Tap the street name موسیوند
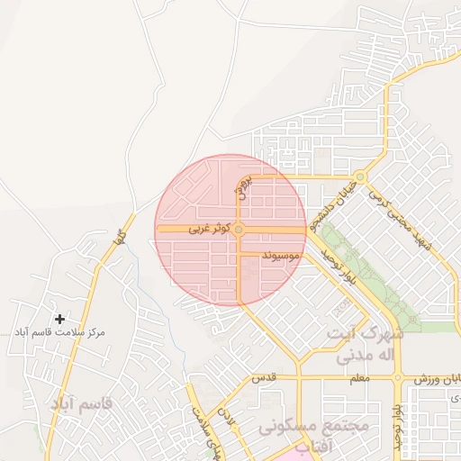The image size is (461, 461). (280, 257)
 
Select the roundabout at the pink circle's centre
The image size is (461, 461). (239, 230)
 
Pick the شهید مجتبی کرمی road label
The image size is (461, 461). (410, 224)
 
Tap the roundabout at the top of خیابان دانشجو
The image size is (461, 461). (360, 176)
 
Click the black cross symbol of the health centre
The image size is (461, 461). (60, 319)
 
